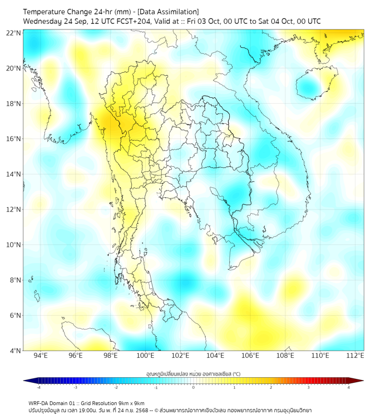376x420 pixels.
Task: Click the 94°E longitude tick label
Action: pyautogui.click(x=41, y=356)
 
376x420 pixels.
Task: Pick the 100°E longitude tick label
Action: pyautogui.click(x=145, y=356)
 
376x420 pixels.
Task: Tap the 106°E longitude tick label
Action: pyautogui.click(x=250, y=356)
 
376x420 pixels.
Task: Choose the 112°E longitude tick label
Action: pyautogui.click(x=355, y=356)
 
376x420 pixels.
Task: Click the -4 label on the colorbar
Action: pyautogui.click(x=38, y=387)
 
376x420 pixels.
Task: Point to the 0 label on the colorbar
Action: pyautogui.click(x=194, y=387)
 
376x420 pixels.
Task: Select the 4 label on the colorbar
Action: pyautogui.click(x=348, y=387)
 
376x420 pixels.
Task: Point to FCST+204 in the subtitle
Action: pyautogui.click(x=132, y=21)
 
